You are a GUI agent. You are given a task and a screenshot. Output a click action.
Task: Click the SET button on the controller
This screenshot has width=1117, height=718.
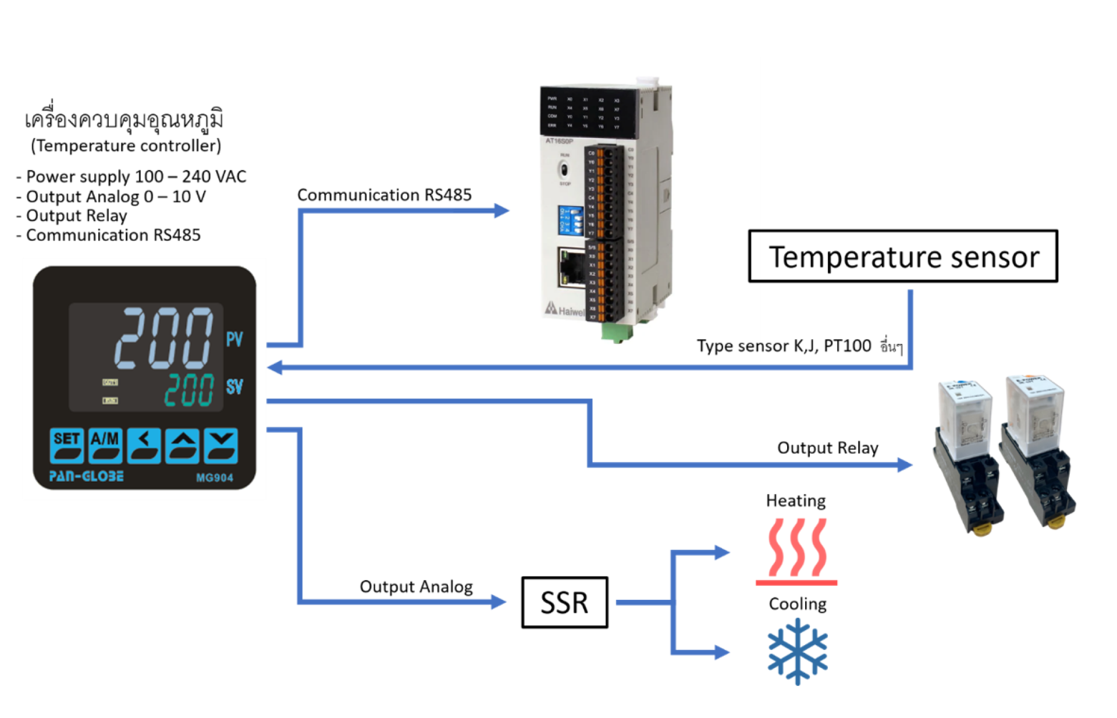coord(66,445)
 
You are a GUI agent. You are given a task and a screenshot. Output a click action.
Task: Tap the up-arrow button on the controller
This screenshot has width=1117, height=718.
coord(183,445)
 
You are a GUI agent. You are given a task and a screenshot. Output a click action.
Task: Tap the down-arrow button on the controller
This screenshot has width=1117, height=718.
coord(221,445)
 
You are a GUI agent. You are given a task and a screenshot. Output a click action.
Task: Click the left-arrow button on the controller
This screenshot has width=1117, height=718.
coord(144,445)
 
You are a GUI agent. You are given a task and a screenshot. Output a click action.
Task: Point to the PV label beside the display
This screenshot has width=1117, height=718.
coord(234,339)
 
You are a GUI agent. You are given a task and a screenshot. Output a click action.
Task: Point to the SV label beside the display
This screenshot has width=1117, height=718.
coord(234,386)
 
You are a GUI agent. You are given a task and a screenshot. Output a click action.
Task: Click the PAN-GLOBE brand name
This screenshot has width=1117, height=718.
coord(86,477)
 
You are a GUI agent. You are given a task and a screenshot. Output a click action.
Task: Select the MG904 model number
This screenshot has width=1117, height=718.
coord(214,478)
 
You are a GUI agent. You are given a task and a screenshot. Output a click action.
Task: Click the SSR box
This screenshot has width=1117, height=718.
coord(564,602)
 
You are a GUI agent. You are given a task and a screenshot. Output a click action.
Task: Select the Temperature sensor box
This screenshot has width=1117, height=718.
coord(902,257)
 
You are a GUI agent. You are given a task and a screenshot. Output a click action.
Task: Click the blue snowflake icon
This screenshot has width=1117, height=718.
coord(797,652)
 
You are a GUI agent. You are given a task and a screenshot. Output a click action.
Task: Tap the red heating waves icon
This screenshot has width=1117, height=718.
coord(796,550)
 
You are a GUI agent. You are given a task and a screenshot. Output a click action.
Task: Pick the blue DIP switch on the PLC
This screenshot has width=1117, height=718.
coord(570,220)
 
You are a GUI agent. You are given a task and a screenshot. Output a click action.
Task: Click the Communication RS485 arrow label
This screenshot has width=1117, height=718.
coord(384,195)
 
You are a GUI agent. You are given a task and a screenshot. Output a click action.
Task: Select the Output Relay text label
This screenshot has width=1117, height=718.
coord(827,448)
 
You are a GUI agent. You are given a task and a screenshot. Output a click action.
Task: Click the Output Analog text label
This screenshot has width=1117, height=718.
coord(416,587)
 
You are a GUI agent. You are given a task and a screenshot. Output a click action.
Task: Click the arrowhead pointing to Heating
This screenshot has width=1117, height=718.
coord(722,552)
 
